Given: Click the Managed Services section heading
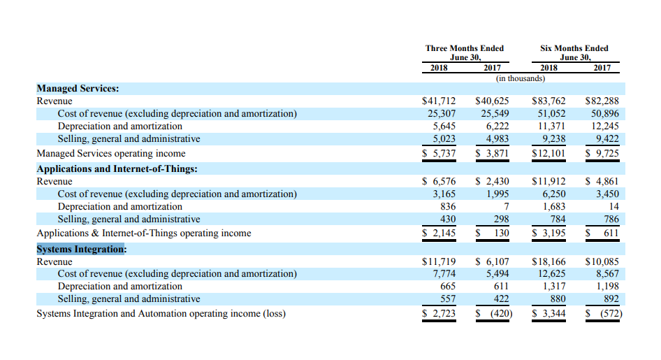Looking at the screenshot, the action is pos(78,89).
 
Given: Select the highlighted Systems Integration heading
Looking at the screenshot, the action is pos(80,249).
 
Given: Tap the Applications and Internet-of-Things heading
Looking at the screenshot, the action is pos(117,168).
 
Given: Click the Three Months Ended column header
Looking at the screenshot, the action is pos(465,52).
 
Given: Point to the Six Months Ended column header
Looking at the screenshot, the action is pos(574,52).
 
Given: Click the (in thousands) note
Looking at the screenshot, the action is pos(521,78).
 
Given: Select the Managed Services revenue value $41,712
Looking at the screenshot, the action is pos(439,101).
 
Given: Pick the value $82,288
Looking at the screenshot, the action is pos(602,101).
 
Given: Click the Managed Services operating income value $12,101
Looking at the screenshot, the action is pos(549,154).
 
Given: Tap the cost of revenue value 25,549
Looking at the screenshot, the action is pos(495,114).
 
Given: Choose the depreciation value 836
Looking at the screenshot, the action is pos(448,206).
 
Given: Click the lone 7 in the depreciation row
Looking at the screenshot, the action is pos(507,206).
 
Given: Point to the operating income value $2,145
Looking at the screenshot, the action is pos(439,233).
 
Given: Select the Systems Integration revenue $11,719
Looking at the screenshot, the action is pos(439,261).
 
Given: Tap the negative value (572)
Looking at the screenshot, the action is pos(611,314).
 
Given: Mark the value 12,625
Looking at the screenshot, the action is pos(551,274).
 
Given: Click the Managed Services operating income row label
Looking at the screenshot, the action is pos(111,154).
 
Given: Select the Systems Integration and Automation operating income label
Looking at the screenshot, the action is pos(161,314).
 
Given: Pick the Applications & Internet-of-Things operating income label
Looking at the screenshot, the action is pos(144,233).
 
